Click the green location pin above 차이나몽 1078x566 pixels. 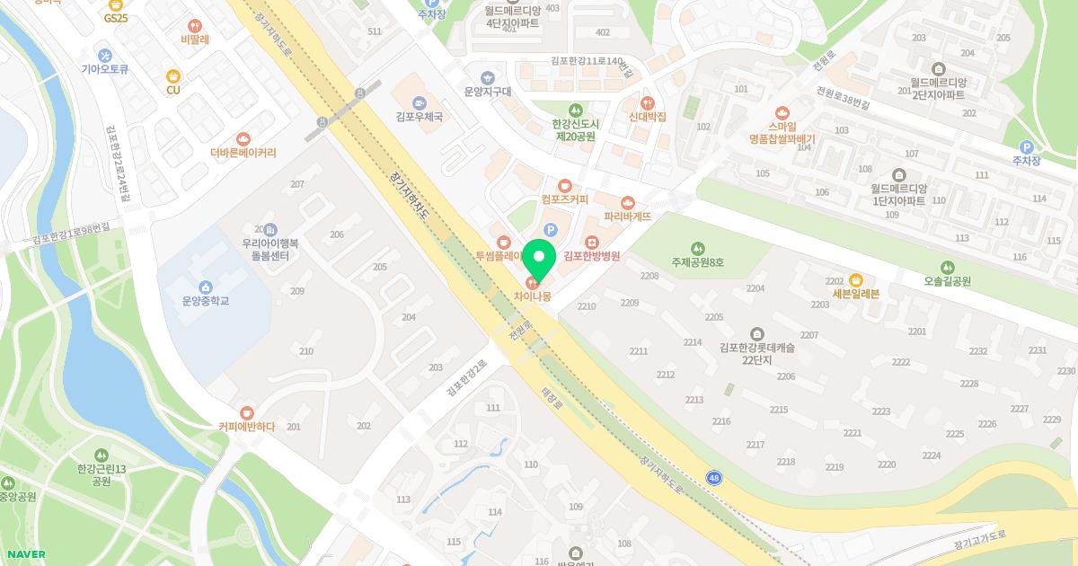coord(540,259)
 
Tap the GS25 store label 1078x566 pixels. coord(116,17)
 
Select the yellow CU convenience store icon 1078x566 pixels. coord(173,76)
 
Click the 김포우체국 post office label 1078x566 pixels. coord(419,116)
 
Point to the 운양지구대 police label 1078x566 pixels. coord(487,91)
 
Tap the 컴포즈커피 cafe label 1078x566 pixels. coord(564,199)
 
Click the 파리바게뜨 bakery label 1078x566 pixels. coord(627,217)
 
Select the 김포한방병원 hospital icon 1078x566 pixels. coord(591,242)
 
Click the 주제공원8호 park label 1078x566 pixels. coord(697,262)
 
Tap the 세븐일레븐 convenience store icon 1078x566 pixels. coord(855,279)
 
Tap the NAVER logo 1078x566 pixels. coord(24,554)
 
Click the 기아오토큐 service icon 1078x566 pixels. coord(105,54)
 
